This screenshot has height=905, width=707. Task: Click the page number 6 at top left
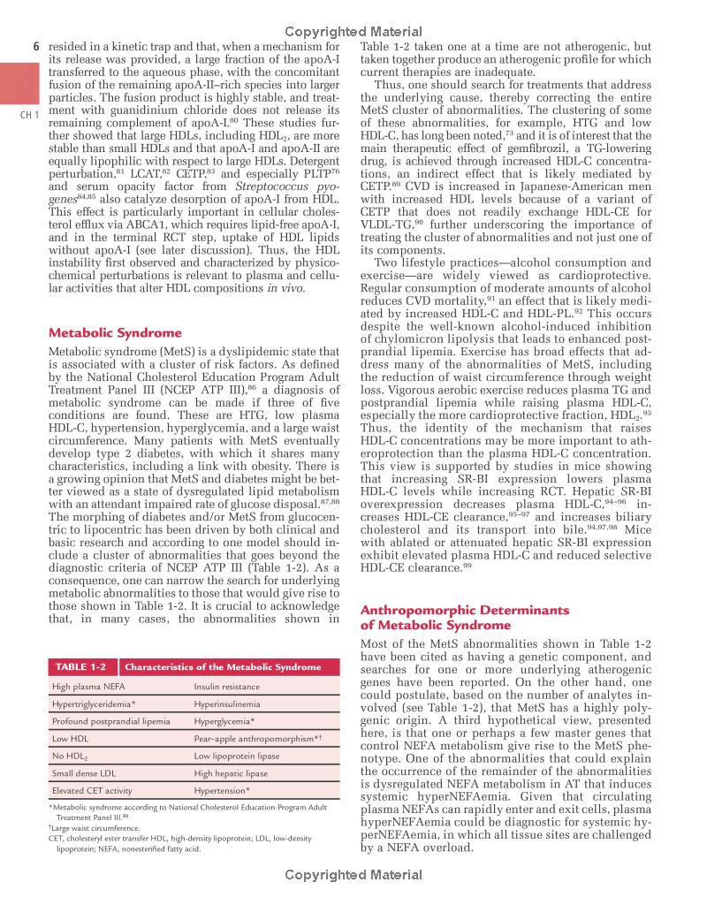click(36, 46)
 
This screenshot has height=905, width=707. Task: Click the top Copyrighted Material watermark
click(353, 32)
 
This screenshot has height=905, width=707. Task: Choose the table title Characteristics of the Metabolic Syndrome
click(223, 666)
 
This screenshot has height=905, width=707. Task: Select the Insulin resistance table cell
click(227, 686)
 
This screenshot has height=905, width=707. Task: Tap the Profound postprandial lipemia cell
click(110, 721)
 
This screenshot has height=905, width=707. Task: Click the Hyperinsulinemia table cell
click(227, 703)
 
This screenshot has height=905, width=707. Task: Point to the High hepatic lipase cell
click(231, 772)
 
